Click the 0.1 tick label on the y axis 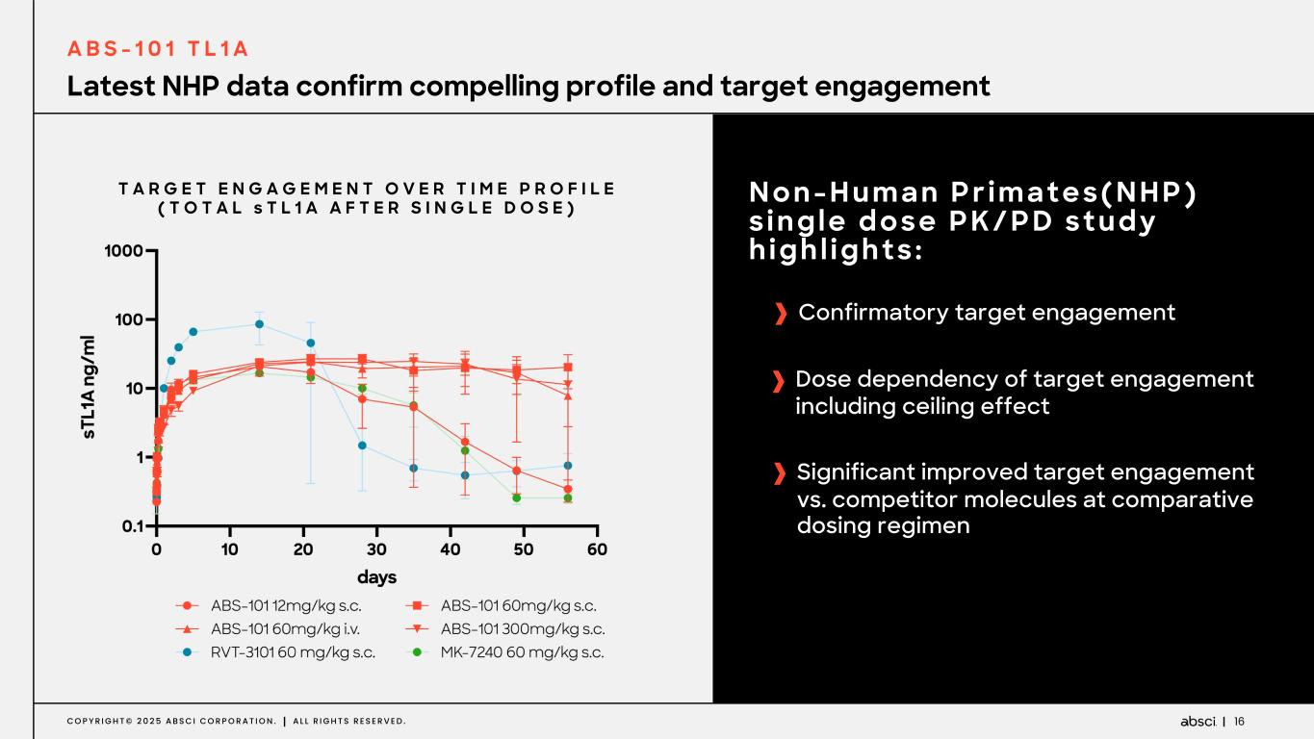pyautogui.click(x=131, y=526)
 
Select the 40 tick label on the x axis pyautogui.click(x=451, y=548)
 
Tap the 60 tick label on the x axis pyautogui.click(x=597, y=548)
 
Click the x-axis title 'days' pyautogui.click(x=376, y=576)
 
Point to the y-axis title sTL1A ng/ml pyautogui.click(x=89, y=388)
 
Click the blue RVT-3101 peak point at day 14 pyautogui.click(x=259, y=324)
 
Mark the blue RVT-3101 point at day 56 pyautogui.click(x=568, y=466)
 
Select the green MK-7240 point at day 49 pyautogui.click(x=517, y=497)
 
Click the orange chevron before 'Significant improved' pyautogui.click(x=779, y=473)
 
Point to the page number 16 pyautogui.click(x=1240, y=721)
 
